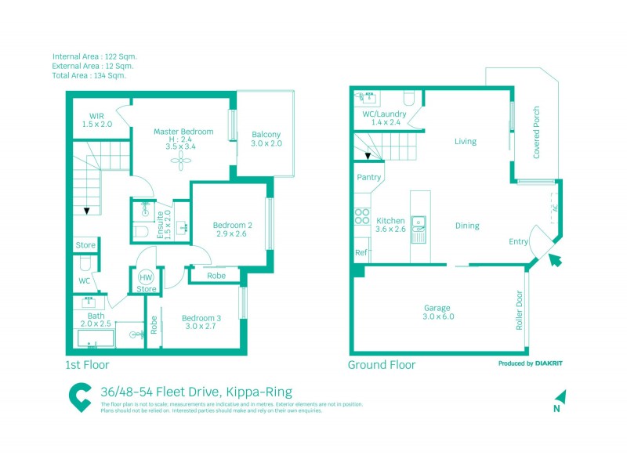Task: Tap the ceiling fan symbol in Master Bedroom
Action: pos(182,161)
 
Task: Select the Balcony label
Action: pos(266,134)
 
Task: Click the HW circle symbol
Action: pos(146,277)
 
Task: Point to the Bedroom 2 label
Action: pos(232,226)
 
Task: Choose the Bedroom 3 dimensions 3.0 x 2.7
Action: pos(198,327)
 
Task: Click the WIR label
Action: pos(97,116)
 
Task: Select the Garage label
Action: pos(437,308)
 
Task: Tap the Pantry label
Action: pos(368,177)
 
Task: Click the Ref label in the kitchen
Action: pos(361,253)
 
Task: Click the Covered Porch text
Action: pos(537,133)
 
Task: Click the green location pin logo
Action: pos(79,396)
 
